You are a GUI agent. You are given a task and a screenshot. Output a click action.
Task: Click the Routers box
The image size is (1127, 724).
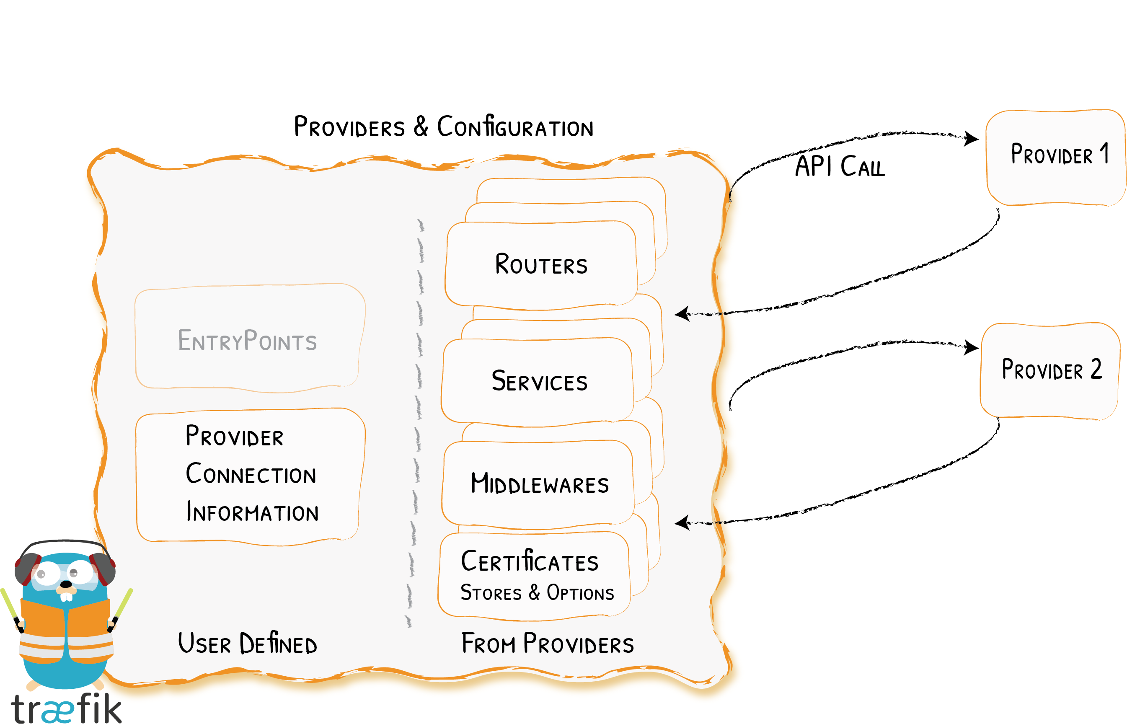click(540, 265)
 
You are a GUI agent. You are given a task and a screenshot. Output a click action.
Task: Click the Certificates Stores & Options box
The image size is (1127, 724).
click(535, 574)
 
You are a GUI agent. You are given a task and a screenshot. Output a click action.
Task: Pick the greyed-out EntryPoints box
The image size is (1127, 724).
click(248, 339)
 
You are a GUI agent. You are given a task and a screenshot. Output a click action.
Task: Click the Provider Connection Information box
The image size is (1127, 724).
click(250, 475)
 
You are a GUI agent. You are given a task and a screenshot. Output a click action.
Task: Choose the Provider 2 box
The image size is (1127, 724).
click(1050, 370)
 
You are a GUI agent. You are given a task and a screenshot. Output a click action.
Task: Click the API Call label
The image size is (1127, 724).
click(840, 166)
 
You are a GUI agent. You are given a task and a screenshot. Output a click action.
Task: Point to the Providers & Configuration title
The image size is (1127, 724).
click(444, 127)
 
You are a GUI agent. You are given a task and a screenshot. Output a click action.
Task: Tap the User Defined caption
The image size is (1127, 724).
click(248, 644)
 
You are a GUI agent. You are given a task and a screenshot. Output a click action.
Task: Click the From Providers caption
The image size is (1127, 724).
click(548, 644)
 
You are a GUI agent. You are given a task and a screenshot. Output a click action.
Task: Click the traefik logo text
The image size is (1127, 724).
click(66, 708)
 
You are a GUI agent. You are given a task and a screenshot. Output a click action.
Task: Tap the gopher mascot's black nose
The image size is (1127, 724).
click(66, 584)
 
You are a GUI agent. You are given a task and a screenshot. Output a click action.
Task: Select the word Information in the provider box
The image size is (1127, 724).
click(252, 512)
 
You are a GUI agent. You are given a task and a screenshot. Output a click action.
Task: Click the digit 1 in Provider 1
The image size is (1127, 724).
click(1105, 153)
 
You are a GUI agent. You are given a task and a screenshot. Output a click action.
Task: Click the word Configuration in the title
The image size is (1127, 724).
click(515, 127)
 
